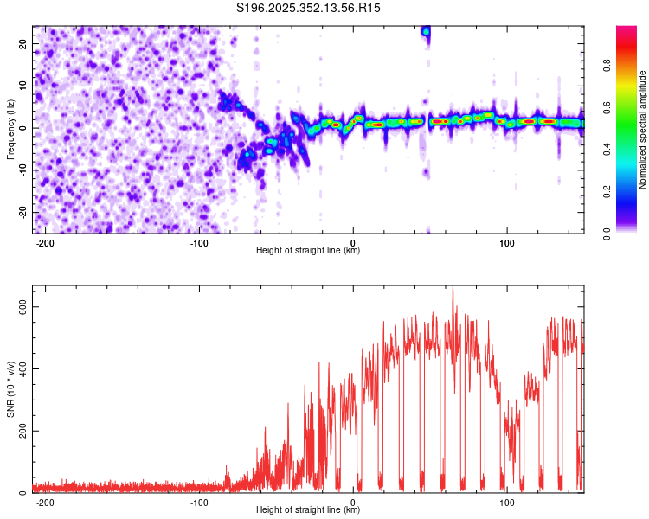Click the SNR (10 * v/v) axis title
(x=10, y=389)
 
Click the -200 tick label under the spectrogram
(x=45, y=242)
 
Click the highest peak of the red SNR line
(x=453, y=289)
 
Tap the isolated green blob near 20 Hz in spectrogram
(x=426, y=31)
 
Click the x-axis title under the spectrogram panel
(x=308, y=251)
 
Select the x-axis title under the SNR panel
(x=308, y=510)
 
